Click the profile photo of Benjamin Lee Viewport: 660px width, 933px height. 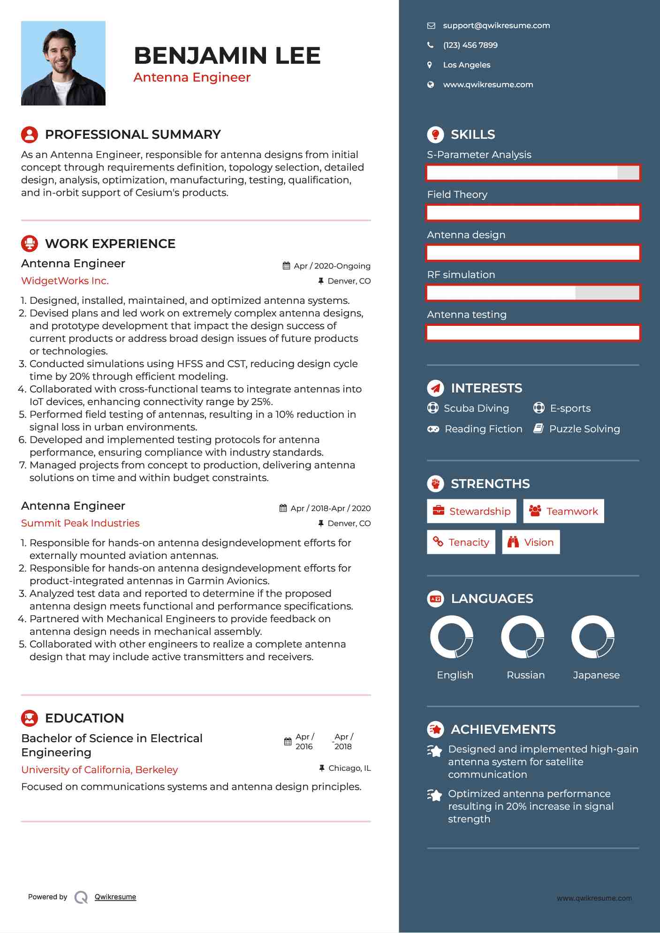(63, 63)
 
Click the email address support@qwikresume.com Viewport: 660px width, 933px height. (496, 26)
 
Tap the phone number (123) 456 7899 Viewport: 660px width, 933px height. (470, 45)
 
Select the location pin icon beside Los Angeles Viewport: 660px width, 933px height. (430, 65)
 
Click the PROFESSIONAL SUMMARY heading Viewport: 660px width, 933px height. (132, 135)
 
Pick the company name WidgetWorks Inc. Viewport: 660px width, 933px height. (65, 281)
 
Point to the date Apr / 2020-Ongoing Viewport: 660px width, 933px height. (332, 266)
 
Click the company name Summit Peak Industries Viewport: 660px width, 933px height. (80, 523)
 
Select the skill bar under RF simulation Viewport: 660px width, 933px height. (533, 293)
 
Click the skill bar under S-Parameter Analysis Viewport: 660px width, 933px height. (533, 173)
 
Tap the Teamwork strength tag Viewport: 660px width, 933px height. (563, 512)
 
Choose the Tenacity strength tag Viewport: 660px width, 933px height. (461, 542)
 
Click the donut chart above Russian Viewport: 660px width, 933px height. (522, 637)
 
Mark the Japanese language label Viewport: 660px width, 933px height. (596, 675)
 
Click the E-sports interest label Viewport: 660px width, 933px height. (570, 408)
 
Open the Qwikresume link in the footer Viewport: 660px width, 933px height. (115, 897)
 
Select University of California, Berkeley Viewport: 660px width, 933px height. (99, 770)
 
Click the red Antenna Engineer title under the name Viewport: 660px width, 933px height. (192, 77)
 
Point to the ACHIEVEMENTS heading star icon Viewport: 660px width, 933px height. (435, 730)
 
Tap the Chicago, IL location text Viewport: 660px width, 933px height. (349, 768)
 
